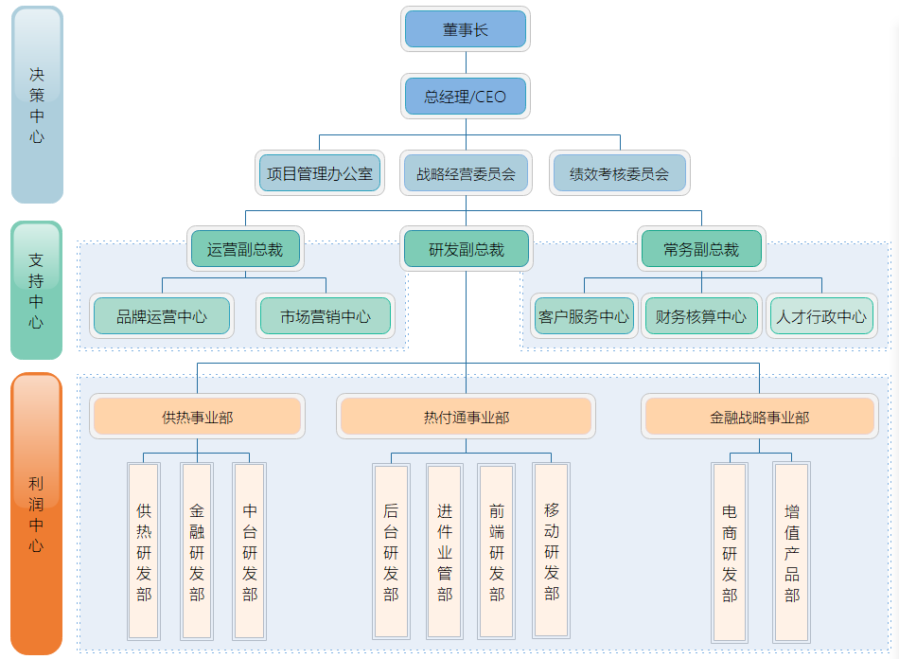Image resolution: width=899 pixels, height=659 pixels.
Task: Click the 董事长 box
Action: coord(466,29)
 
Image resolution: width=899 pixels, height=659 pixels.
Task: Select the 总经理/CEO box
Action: coord(465,97)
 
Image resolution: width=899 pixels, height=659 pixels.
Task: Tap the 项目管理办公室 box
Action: coord(320,174)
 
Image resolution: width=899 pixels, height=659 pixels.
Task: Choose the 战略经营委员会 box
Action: coord(465,174)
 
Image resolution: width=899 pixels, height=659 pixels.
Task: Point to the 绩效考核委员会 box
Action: coord(619,174)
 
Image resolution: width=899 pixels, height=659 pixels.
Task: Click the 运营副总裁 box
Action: coord(245,250)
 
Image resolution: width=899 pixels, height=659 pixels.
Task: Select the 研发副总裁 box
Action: coord(466,250)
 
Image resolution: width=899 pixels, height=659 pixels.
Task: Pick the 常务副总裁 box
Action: coord(701,250)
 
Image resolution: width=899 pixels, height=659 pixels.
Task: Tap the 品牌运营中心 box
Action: coord(162,316)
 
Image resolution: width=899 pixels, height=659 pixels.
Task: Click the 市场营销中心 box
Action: coord(326,316)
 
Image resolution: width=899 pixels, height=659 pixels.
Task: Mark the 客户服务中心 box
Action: coord(583,316)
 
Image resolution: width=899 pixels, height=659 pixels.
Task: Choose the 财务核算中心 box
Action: coord(701,316)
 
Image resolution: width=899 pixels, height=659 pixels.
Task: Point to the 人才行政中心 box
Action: coord(821,316)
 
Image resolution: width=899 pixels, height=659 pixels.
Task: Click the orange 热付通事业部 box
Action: coord(466,417)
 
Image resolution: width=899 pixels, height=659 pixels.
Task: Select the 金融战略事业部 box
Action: coord(759,417)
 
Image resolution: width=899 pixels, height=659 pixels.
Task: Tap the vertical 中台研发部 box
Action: coord(250,551)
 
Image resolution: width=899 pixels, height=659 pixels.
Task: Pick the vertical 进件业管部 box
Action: coord(445,551)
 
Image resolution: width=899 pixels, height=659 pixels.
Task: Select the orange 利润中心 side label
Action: coord(36,514)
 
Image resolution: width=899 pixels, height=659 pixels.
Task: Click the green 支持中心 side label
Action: coord(36,291)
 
